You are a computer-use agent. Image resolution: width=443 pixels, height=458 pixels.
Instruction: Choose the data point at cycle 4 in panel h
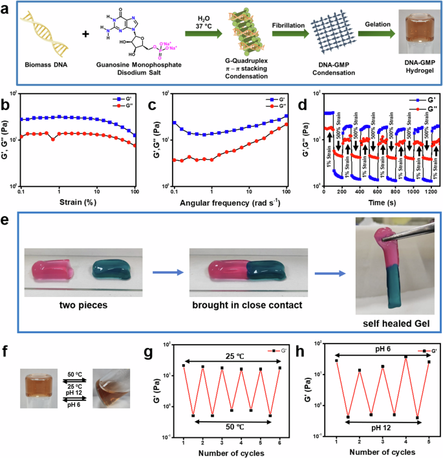(x=405, y=357)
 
